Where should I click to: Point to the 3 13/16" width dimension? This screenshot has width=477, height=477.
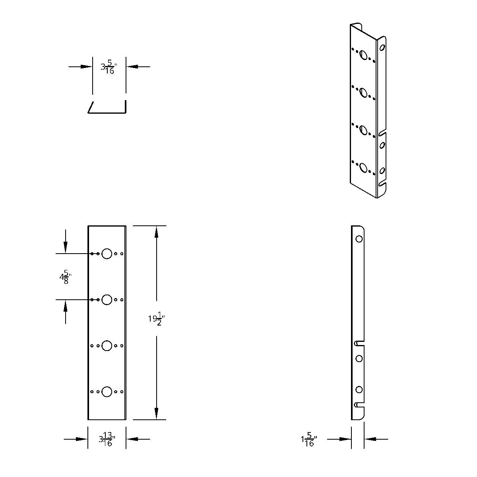(x=107, y=439)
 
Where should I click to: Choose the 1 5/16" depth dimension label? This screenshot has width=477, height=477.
(x=309, y=440)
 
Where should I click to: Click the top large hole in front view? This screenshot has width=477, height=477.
(x=107, y=254)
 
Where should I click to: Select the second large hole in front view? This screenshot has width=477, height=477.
(x=107, y=300)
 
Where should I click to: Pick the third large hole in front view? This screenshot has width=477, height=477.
(x=107, y=346)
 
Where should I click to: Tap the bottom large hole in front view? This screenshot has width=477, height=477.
(x=107, y=392)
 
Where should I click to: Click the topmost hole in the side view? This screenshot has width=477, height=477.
(x=359, y=239)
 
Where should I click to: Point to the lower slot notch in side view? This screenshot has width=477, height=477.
(x=359, y=405)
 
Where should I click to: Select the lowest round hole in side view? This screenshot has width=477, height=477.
(x=359, y=390)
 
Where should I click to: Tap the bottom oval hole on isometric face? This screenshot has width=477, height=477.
(x=363, y=168)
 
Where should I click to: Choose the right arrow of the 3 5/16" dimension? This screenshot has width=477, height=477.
(x=132, y=67)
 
